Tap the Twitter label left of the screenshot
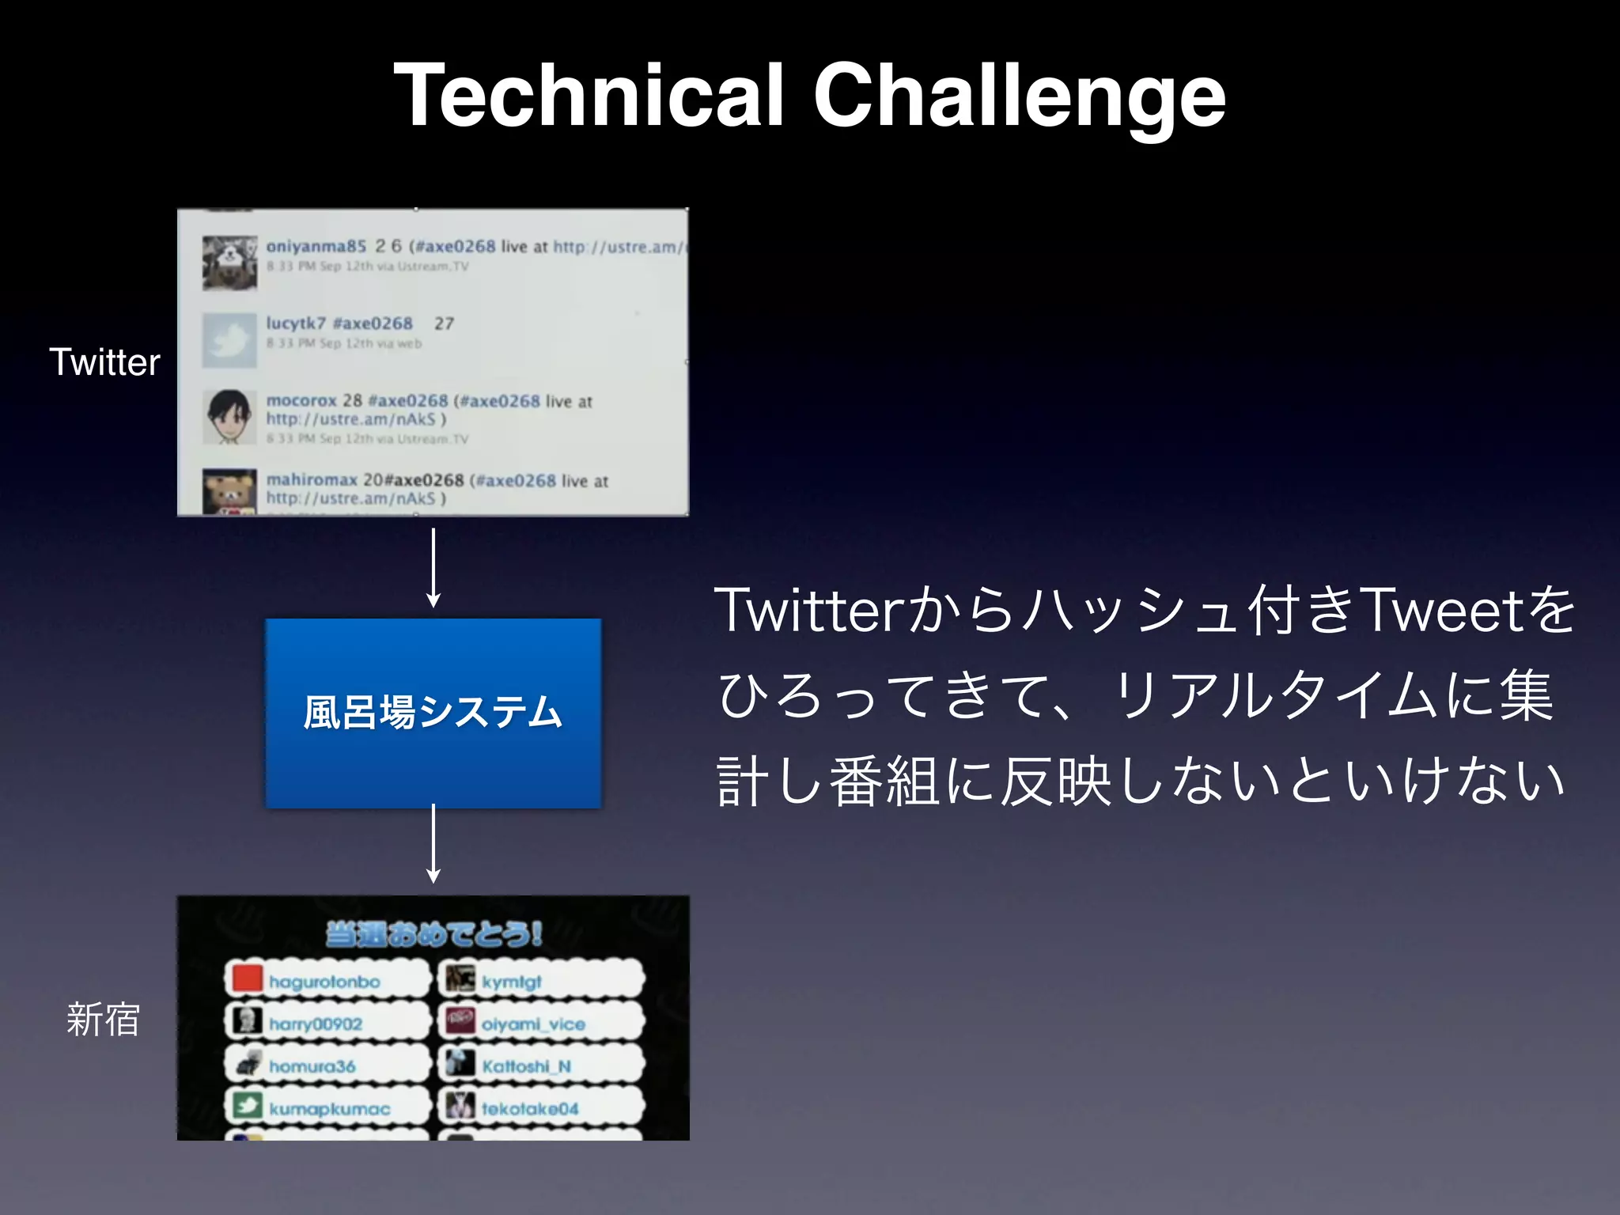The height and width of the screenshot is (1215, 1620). (104, 362)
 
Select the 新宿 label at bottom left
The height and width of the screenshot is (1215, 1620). (103, 1019)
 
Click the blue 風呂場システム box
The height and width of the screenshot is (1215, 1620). (433, 713)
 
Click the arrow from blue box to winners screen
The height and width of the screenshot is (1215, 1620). (433, 843)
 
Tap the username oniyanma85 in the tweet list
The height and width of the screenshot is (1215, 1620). (316, 246)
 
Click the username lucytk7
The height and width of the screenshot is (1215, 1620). (296, 323)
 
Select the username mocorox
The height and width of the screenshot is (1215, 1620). (301, 400)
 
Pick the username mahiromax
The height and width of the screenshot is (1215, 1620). (311, 479)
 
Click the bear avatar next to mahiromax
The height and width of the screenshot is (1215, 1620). (229, 492)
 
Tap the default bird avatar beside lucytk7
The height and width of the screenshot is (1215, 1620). (229, 340)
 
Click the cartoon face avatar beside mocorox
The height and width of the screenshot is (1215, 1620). (229, 417)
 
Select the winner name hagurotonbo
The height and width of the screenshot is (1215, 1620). (324, 982)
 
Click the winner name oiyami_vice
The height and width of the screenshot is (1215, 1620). (533, 1024)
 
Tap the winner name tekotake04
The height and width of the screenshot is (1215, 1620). (530, 1109)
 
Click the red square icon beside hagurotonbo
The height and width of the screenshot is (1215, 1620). (247, 978)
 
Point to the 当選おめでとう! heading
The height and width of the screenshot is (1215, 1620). (433, 934)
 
